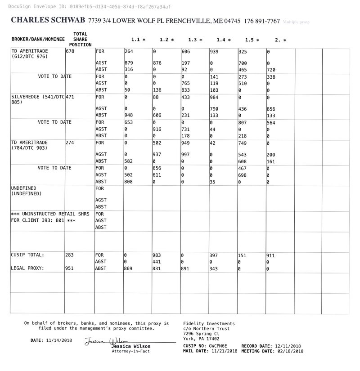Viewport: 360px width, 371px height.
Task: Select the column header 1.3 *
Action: coord(195,40)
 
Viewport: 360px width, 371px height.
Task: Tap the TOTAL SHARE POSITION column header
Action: coord(80,40)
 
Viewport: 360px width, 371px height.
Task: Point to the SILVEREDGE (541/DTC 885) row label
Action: coord(38,99)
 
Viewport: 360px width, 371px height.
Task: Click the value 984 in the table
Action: coord(214,97)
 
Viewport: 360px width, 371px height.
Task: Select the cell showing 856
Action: coord(271,109)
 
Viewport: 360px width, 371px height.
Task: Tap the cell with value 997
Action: coord(185,154)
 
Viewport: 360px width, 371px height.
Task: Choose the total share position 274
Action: coord(70,143)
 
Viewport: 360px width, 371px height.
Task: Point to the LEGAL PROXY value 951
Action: coord(70,268)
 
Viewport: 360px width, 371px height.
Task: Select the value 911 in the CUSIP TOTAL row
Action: coord(271,255)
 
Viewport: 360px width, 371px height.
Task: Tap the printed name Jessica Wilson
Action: coord(131,346)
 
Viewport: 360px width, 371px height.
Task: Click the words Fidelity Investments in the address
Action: coord(209,324)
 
